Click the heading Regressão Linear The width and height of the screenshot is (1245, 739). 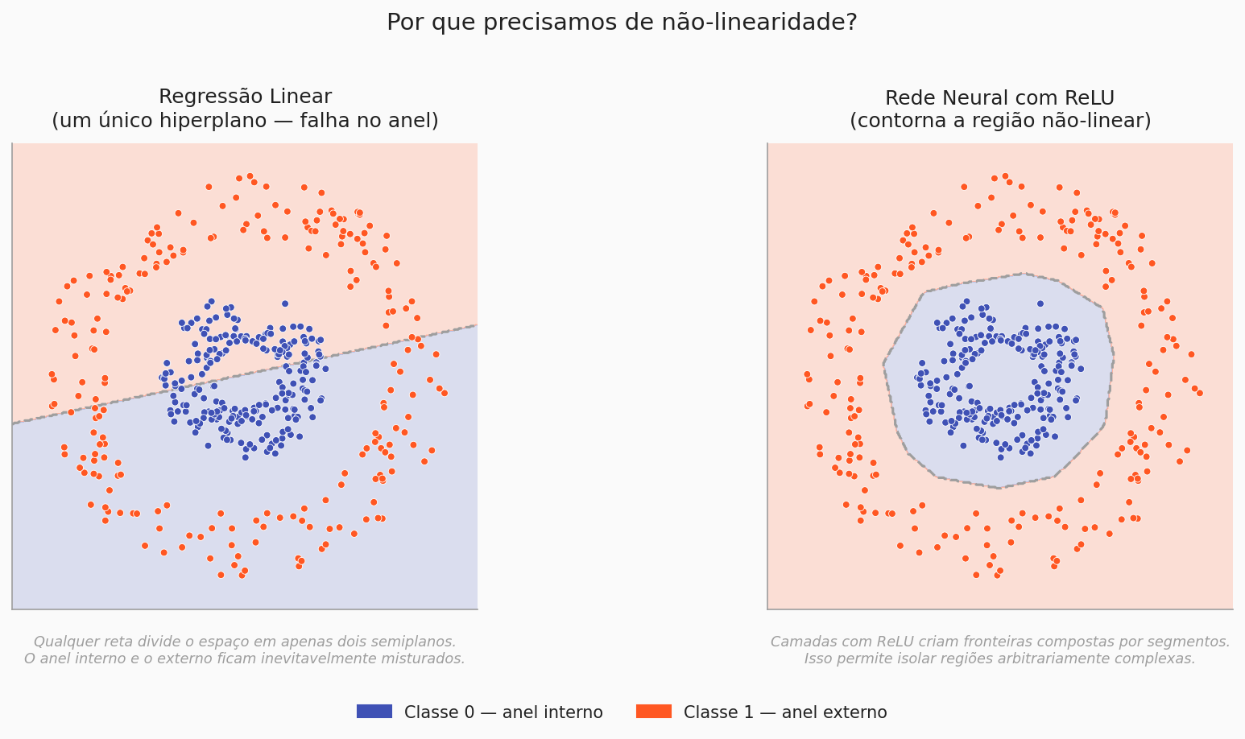click(x=245, y=97)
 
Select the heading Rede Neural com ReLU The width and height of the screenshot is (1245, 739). click(x=999, y=98)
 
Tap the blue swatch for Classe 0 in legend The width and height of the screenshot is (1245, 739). click(x=374, y=712)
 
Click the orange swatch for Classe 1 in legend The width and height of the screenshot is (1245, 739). click(x=653, y=712)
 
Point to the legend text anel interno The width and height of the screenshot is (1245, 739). click(x=563, y=712)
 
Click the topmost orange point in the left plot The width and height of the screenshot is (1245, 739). click(x=250, y=175)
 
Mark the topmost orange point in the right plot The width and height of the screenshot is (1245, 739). click(x=1005, y=175)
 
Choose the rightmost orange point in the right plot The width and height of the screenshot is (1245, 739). click(x=1199, y=393)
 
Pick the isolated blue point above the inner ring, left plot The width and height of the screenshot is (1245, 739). click(x=284, y=303)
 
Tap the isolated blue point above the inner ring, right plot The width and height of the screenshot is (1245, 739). click(x=1040, y=303)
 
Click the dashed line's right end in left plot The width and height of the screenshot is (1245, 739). click(x=476, y=325)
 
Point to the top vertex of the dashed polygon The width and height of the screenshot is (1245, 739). click(x=1022, y=274)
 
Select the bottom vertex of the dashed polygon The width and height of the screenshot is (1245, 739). click(x=999, y=488)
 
